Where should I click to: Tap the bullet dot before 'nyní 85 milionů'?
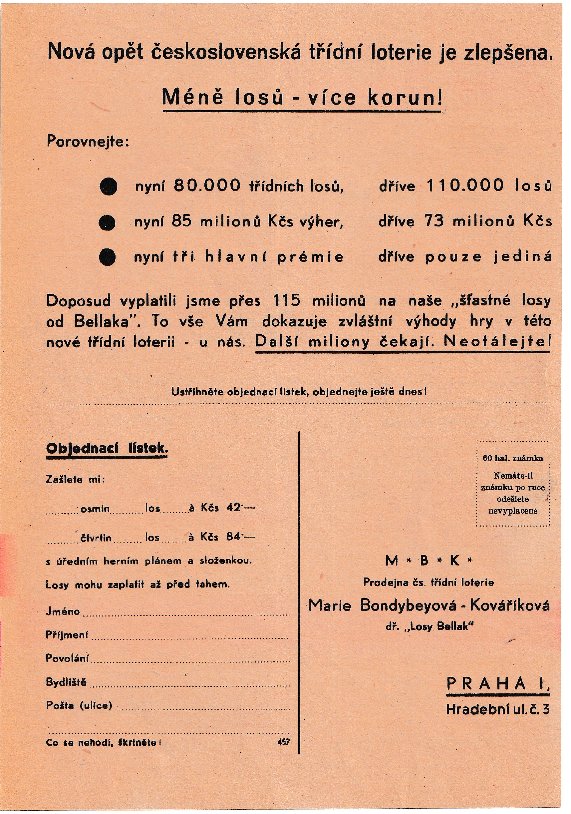107,223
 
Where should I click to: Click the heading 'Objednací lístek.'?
107,449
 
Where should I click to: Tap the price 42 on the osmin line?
233,508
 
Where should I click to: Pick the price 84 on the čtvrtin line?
233,537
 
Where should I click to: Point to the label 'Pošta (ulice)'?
79,705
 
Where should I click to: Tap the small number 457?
284,742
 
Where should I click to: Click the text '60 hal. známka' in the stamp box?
512,458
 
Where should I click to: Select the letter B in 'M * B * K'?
424,561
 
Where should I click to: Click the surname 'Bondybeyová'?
408,605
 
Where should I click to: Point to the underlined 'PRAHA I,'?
497,684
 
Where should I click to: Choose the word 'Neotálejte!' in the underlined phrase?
497,342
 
